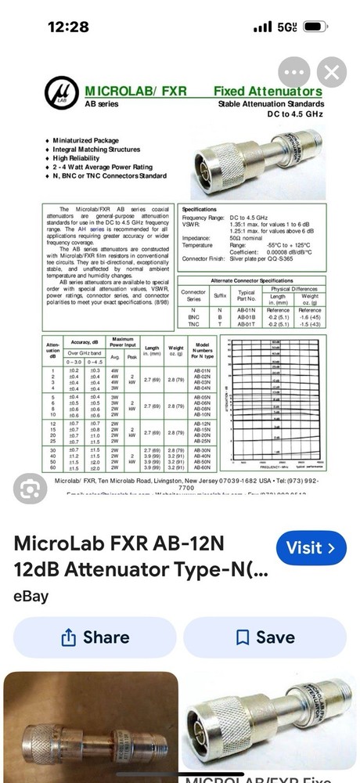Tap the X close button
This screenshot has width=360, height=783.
(331, 74)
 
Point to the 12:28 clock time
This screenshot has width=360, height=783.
(68, 27)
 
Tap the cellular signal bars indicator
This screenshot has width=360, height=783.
(263, 27)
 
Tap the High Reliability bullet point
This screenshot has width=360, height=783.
(85, 157)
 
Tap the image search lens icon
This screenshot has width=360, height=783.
(31, 490)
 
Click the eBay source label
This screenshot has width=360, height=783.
(31, 597)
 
